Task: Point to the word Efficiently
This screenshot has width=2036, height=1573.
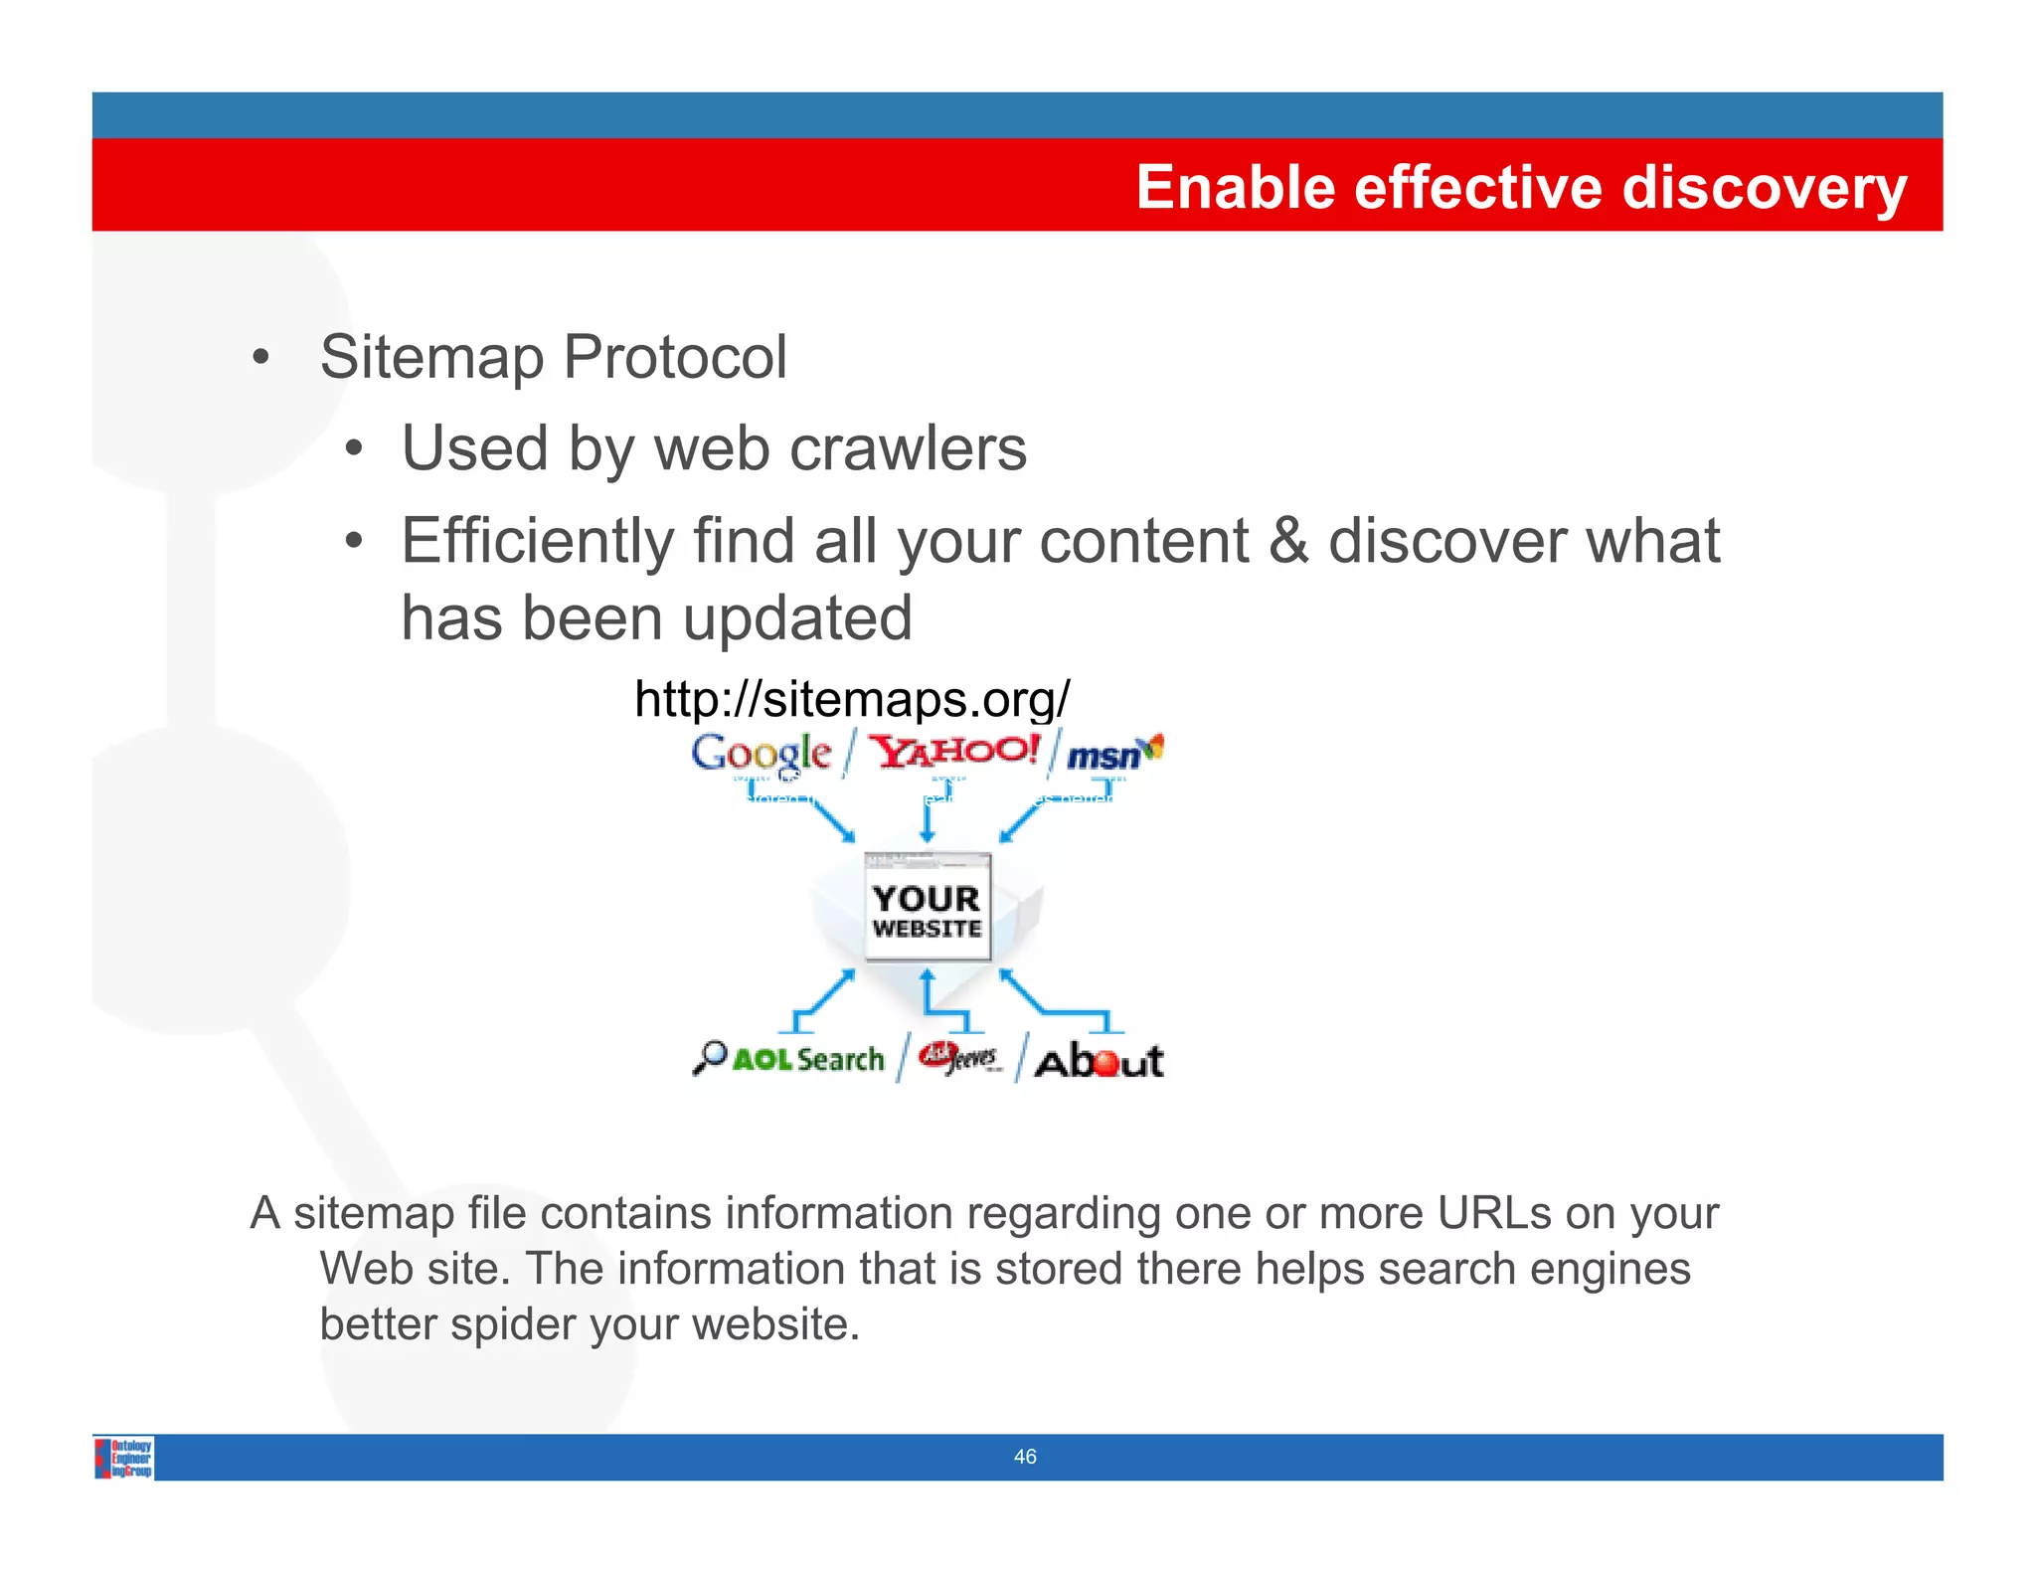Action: (x=537, y=541)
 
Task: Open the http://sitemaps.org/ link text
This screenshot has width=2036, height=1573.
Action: (x=852, y=699)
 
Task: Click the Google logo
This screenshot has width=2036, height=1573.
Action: (x=761, y=754)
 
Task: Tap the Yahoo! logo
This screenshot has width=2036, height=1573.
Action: (x=953, y=751)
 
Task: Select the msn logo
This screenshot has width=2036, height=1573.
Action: (x=1111, y=755)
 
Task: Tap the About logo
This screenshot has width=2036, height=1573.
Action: (x=1098, y=1061)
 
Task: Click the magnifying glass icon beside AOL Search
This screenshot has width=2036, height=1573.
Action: (x=709, y=1057)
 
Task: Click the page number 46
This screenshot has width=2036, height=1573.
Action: (x=1024, y=1457)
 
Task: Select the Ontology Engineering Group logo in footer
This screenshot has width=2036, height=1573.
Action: (x=124, y=1458)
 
